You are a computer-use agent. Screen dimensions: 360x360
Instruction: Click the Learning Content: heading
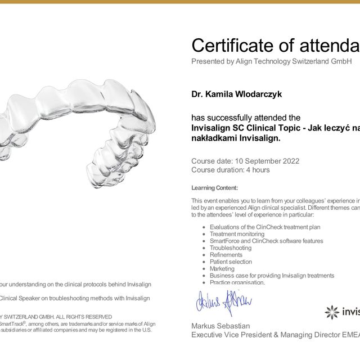point(214,188)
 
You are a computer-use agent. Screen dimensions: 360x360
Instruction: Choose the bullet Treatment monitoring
point(237,234)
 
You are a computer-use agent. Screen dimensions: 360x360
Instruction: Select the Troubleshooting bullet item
point(231,248)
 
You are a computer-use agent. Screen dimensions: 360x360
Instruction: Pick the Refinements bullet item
point(226,255)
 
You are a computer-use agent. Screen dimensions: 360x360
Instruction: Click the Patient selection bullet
point(231,262)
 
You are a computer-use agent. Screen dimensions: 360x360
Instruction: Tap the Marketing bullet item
point(222,269)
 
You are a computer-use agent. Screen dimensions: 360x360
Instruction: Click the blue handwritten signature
point(223,304)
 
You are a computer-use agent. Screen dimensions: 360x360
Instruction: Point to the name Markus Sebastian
point(220,326)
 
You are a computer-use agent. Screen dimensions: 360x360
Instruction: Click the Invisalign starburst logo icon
point(332,312)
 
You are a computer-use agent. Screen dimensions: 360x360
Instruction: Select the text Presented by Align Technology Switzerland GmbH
point(271,61)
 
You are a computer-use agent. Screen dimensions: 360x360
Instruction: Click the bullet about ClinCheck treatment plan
point(265,227)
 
